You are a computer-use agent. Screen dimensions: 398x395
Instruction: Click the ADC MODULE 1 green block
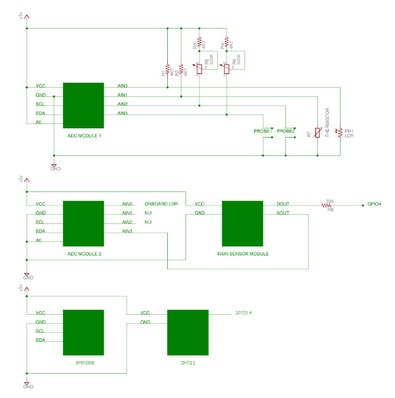tap(83, 105)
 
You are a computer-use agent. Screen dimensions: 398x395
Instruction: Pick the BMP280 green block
tap(83, 332)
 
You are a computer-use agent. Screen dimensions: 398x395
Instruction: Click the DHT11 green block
tap(188, 332)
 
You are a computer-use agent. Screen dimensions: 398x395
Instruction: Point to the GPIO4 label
tap(374, 204)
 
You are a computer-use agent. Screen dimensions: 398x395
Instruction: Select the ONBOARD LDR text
tap(160, 204)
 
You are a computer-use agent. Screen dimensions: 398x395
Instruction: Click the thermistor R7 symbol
tap(317, 132)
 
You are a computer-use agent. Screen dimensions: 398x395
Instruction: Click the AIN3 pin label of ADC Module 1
tap(122, 114)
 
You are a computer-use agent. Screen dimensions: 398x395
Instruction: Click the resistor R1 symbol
tap(167, 69)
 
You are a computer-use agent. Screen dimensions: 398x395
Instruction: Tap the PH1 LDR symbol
tap(338, 132)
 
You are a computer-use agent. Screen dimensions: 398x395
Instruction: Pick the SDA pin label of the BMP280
tap(41, 341)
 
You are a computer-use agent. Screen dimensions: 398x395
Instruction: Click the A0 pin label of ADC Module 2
tap(39, 241)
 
